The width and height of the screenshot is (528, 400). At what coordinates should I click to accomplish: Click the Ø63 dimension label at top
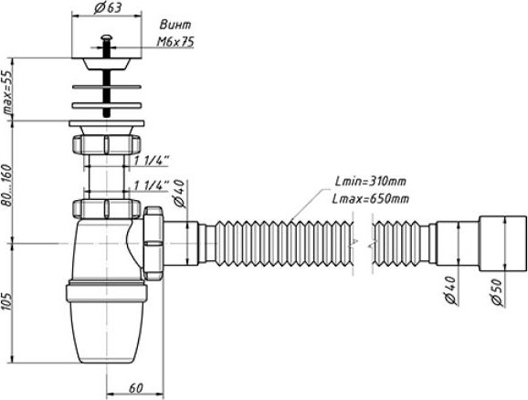[x=108, y=7]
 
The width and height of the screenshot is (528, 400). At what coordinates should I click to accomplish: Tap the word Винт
[x=175, y=25]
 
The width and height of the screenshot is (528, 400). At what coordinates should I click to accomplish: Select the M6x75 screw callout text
[x=175, y=42]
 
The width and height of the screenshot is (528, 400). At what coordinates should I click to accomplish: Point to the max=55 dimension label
[x=6, y=93]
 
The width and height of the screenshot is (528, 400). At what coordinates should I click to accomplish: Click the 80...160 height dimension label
[x=6, y=184]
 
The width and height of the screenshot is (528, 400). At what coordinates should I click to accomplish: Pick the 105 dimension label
[x=6, y=300]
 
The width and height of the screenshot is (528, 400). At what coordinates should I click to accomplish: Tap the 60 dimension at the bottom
[x=136, y=388]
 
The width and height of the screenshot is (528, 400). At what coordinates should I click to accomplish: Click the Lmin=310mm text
[x=371, y=182]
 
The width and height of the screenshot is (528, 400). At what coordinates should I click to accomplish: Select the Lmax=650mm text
[x=370, y=199]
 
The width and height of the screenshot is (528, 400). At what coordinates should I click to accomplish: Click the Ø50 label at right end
[x=499, y=292]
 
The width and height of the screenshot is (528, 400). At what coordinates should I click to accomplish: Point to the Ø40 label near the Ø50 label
[x=450, y=291]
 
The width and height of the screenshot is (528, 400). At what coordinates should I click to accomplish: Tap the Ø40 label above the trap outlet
[x=179, y=194]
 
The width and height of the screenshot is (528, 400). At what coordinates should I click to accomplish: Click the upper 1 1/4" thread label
[x=152, y=160]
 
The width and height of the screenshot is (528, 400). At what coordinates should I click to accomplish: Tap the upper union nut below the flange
[x=106, y=144]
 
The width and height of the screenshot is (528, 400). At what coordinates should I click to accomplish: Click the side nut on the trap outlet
[x=153, y=243]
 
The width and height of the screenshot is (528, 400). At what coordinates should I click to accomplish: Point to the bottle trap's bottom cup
[x=106, y=321]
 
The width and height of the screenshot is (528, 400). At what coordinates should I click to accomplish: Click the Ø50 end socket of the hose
[x=502, y=243]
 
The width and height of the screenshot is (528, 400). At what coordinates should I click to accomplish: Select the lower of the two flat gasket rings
[x=106, y=106]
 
